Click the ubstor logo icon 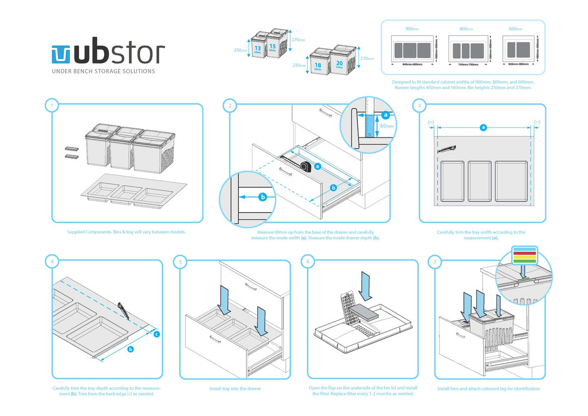click(62, 54)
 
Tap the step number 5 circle click(180, 261)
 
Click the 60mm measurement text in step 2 click(387, 125)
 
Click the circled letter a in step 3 click(484, 127)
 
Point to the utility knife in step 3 click(448, 149)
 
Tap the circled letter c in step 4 click(157, 334)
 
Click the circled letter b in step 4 click(130, 349)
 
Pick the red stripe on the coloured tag click(524, 252)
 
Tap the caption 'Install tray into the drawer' click(235, 389)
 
